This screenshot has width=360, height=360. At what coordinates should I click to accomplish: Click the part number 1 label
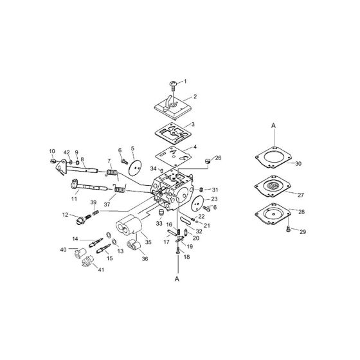click(186, 82)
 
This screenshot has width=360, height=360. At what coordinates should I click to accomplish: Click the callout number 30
click(297, 163)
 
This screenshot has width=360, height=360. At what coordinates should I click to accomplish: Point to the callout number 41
click(83, 270)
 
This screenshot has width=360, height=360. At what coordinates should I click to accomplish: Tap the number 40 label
click(64, 249)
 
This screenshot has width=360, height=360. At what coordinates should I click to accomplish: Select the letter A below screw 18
click(175, 280)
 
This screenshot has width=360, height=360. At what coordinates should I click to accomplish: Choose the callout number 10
click(52, 152)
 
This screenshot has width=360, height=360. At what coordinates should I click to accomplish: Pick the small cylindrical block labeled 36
click(136, 245)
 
